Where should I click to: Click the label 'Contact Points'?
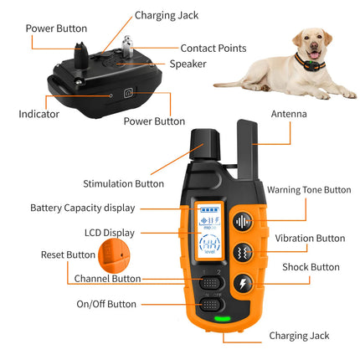tap(213, 48)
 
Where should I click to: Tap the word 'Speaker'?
tap(188, 64)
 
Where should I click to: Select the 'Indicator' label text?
tap(39, 113)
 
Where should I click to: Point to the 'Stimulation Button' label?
tap(123, 183)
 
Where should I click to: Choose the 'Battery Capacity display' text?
tap(82, 208)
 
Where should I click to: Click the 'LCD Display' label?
tap(109, 232)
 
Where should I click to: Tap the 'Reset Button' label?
tap(68, 255)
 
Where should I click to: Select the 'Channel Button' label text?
tap(107, 278)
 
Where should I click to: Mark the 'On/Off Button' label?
tap(106, 304)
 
